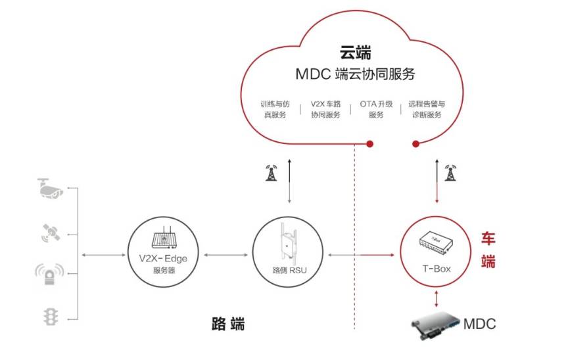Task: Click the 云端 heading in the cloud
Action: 355,53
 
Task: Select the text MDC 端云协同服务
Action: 355,74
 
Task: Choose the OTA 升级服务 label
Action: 376,109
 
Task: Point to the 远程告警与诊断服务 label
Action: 427,109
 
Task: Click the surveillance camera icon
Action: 51,188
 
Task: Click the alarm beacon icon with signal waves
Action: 50,275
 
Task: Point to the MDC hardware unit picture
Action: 435,324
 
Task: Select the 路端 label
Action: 228,324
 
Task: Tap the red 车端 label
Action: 488,249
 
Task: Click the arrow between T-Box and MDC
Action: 436,298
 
